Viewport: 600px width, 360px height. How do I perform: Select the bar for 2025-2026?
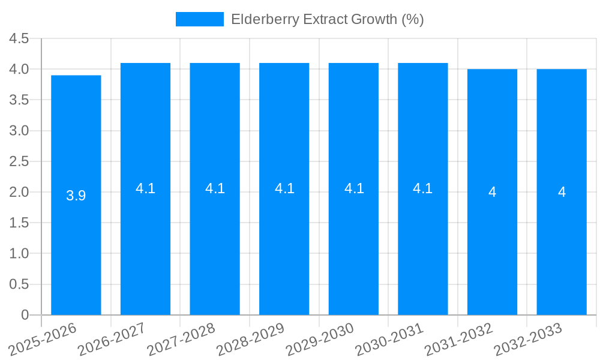click(76, 195)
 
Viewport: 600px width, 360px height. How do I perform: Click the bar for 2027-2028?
click(215, 189)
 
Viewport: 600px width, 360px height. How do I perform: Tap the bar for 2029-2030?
click(353, 189)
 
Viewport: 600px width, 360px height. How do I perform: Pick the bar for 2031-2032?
click(492, 192)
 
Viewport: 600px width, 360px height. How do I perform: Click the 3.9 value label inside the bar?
click(76, 196)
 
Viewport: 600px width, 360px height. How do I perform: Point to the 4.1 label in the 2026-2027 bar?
click(145, 188)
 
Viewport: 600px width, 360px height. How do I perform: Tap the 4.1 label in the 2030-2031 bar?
click(423, 188)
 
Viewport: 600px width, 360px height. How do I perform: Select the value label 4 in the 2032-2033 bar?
click(562, 192)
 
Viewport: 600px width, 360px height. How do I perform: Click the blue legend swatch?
click(199, 19)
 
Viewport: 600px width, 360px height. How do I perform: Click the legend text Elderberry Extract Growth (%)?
click(327, 19)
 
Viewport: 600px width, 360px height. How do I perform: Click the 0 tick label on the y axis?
click(25, 315)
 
